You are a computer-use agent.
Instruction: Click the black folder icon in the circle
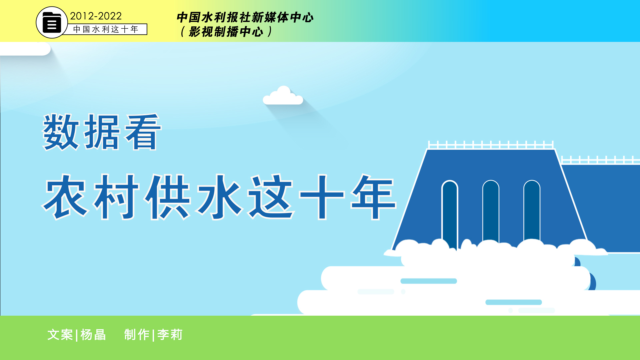click(52, 23)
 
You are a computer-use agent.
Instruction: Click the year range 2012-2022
click(96, 16)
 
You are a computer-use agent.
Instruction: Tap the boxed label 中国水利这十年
click(106, 29)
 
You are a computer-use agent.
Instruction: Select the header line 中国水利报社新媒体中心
click(245, 17)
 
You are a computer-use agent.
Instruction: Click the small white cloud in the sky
click(283, 96)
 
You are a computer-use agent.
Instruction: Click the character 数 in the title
click(61, 132)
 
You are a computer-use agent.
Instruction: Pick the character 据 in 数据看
click(102, 132)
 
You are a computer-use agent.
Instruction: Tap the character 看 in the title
click(143, 132)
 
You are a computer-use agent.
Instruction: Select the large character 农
click(66, 197)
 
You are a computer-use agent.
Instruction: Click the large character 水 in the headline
click(220, 197)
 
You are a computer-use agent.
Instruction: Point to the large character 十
click(322, 197)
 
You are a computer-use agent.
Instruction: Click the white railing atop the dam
click(491, 145)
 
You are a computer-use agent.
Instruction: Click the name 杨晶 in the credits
click(93, 335)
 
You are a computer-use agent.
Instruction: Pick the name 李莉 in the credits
click(170, 335)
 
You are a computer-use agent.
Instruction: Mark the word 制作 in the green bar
click(137, 335)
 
